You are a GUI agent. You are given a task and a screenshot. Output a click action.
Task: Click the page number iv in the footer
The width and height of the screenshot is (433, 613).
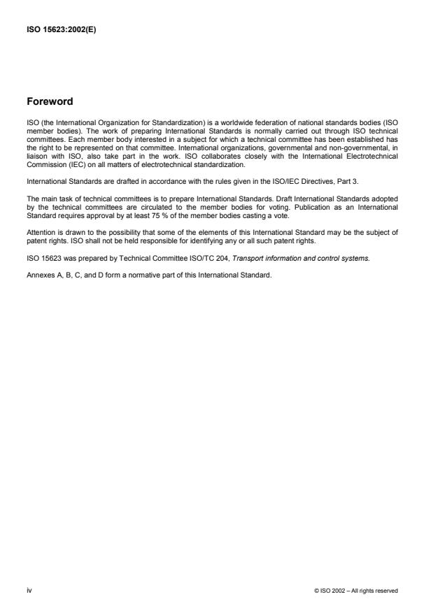29,590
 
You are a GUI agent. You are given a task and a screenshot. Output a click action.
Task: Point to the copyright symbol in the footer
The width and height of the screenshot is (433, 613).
318,591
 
